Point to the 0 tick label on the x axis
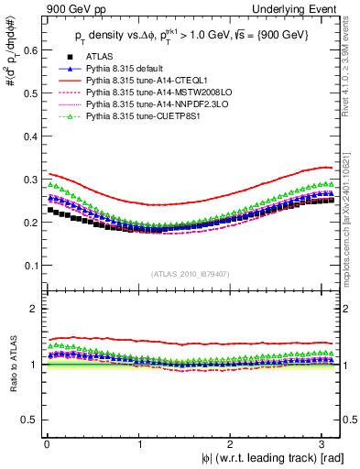[x=46, y=443]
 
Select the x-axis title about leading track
[x=270, y=458]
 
